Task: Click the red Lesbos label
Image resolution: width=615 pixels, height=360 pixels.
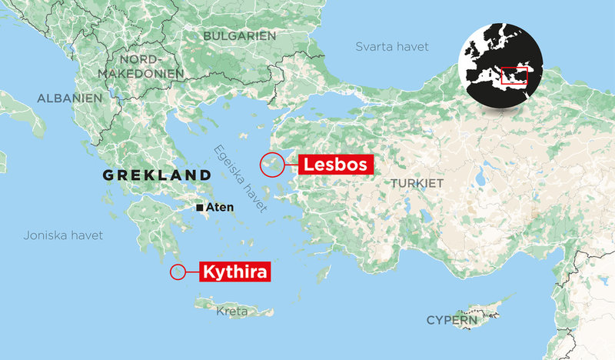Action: [337, 164]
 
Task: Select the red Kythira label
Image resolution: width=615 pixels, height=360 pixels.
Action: [237, 272]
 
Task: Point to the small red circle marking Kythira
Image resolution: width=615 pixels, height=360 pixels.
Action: [178, 272]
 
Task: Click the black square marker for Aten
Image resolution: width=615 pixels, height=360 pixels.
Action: [200, 208]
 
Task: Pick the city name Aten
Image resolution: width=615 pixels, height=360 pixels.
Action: [220, 208]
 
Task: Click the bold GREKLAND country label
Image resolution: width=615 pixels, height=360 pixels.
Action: [157, 175]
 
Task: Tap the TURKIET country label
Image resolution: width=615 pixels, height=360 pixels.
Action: [417, 184]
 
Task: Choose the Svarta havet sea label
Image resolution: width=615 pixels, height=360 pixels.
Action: [393, 47]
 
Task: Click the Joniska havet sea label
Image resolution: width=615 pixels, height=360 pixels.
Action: [62, 235]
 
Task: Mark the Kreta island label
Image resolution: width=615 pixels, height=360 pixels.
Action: [232, 312]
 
